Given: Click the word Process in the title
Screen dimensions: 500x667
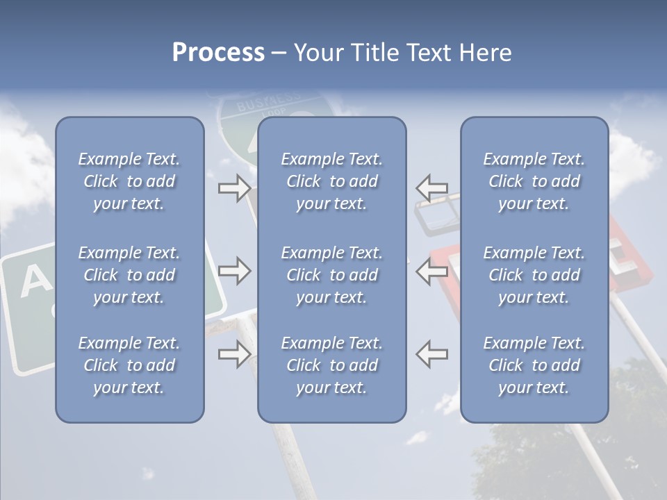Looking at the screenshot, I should [218, 52].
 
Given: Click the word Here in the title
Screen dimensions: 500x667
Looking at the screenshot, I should [484, 52].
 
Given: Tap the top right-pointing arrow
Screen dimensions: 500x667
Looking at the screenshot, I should [234, 188].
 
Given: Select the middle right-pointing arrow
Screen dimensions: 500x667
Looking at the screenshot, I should [234, 271].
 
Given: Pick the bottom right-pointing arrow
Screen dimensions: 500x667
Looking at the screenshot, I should [234, 354].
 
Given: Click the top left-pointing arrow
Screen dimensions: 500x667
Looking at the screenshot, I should [432, 188].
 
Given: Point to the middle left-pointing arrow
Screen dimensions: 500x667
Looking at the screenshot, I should [432, 271].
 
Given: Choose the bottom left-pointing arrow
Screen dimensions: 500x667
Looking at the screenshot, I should [432, 354].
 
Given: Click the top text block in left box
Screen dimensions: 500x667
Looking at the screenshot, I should [129, 181].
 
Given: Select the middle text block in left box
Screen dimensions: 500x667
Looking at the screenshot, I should [129, 275].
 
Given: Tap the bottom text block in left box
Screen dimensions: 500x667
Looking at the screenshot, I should [129, 365].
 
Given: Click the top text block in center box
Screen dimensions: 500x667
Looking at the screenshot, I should [331, 181].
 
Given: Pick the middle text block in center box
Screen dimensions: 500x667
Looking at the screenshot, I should [331, 275].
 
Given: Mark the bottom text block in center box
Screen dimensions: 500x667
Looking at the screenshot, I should [331, 365].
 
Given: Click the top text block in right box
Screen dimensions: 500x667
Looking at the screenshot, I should [534, 181].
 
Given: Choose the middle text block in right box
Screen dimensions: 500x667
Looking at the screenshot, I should [534, 275].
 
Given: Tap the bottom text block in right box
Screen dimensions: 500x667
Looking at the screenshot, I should [534, 365].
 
